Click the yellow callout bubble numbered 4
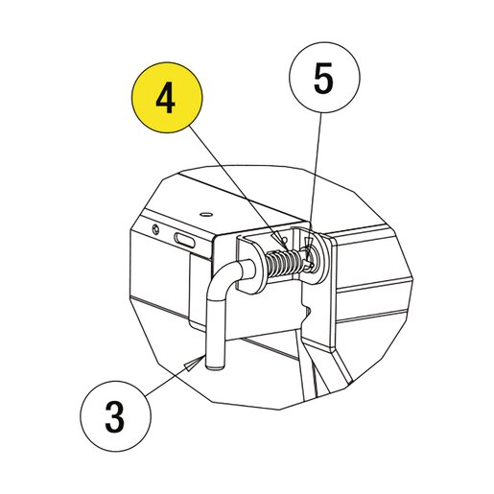tap(167, 98)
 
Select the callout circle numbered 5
tap(324, 78)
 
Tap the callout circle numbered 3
tap(115, 416)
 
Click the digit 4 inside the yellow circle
tap(166, 99)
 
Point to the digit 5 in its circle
tap(323, 79)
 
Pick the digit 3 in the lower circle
tap(114, 417)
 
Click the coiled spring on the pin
tap(284, 263)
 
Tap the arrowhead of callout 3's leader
tap(193, 364)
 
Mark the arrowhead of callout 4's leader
tap(280, 242)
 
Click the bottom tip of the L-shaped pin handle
tap(216, 367)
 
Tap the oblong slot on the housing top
tap(184, 240)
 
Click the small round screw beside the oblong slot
tap(155, 229)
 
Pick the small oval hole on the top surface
tap(206, 214)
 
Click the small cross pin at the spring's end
tap(309, 263)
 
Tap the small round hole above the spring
tap(286, 239)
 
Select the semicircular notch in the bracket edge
tap(308, 311)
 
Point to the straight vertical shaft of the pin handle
tap(216, 333)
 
